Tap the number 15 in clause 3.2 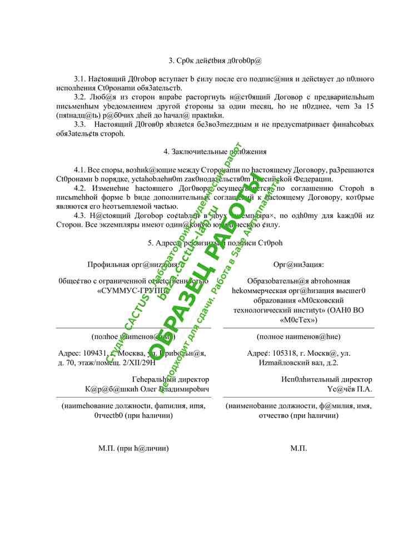(370, 106)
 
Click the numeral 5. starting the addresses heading (151, 242)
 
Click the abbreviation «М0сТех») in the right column (298, 320)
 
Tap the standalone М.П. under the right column (299, 448)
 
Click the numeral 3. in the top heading (172, 60)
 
